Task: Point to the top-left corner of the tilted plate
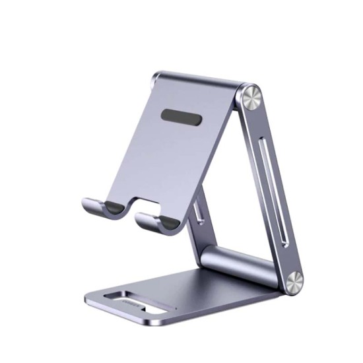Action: pyautogui.click(x=156, y=78)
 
